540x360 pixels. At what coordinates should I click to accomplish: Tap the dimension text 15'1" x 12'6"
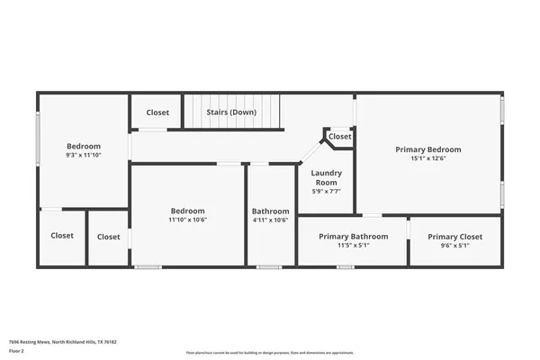coord(428,159)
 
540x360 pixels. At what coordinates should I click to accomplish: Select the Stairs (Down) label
coord(231,112)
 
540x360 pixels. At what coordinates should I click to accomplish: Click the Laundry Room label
coord(324,176)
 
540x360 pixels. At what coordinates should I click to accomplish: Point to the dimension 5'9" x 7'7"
coord(324,191)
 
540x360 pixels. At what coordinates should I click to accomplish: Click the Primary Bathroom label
coord(354,236)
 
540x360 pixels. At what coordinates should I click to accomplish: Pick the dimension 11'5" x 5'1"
coord(354,246)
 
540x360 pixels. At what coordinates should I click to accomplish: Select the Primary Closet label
coord(454,236)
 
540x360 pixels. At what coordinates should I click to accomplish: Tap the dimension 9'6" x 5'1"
coord(454,246)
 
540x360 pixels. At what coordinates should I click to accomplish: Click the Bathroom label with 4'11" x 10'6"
coord(270,211)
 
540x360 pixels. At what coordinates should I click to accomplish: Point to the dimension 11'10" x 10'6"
coord(188,220)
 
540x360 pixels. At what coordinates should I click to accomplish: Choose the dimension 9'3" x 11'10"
coord(83,156)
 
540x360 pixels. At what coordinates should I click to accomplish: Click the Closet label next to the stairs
coord(157,112)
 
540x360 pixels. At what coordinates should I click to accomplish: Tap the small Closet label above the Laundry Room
coord(339,137)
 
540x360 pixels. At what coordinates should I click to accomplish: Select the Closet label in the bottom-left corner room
coord(62,236)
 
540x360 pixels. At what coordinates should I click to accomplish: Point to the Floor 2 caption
coord(17,352)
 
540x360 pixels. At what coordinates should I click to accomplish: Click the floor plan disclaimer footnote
coord(270,352)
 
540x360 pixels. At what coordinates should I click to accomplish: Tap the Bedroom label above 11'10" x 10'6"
coord(188,211)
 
